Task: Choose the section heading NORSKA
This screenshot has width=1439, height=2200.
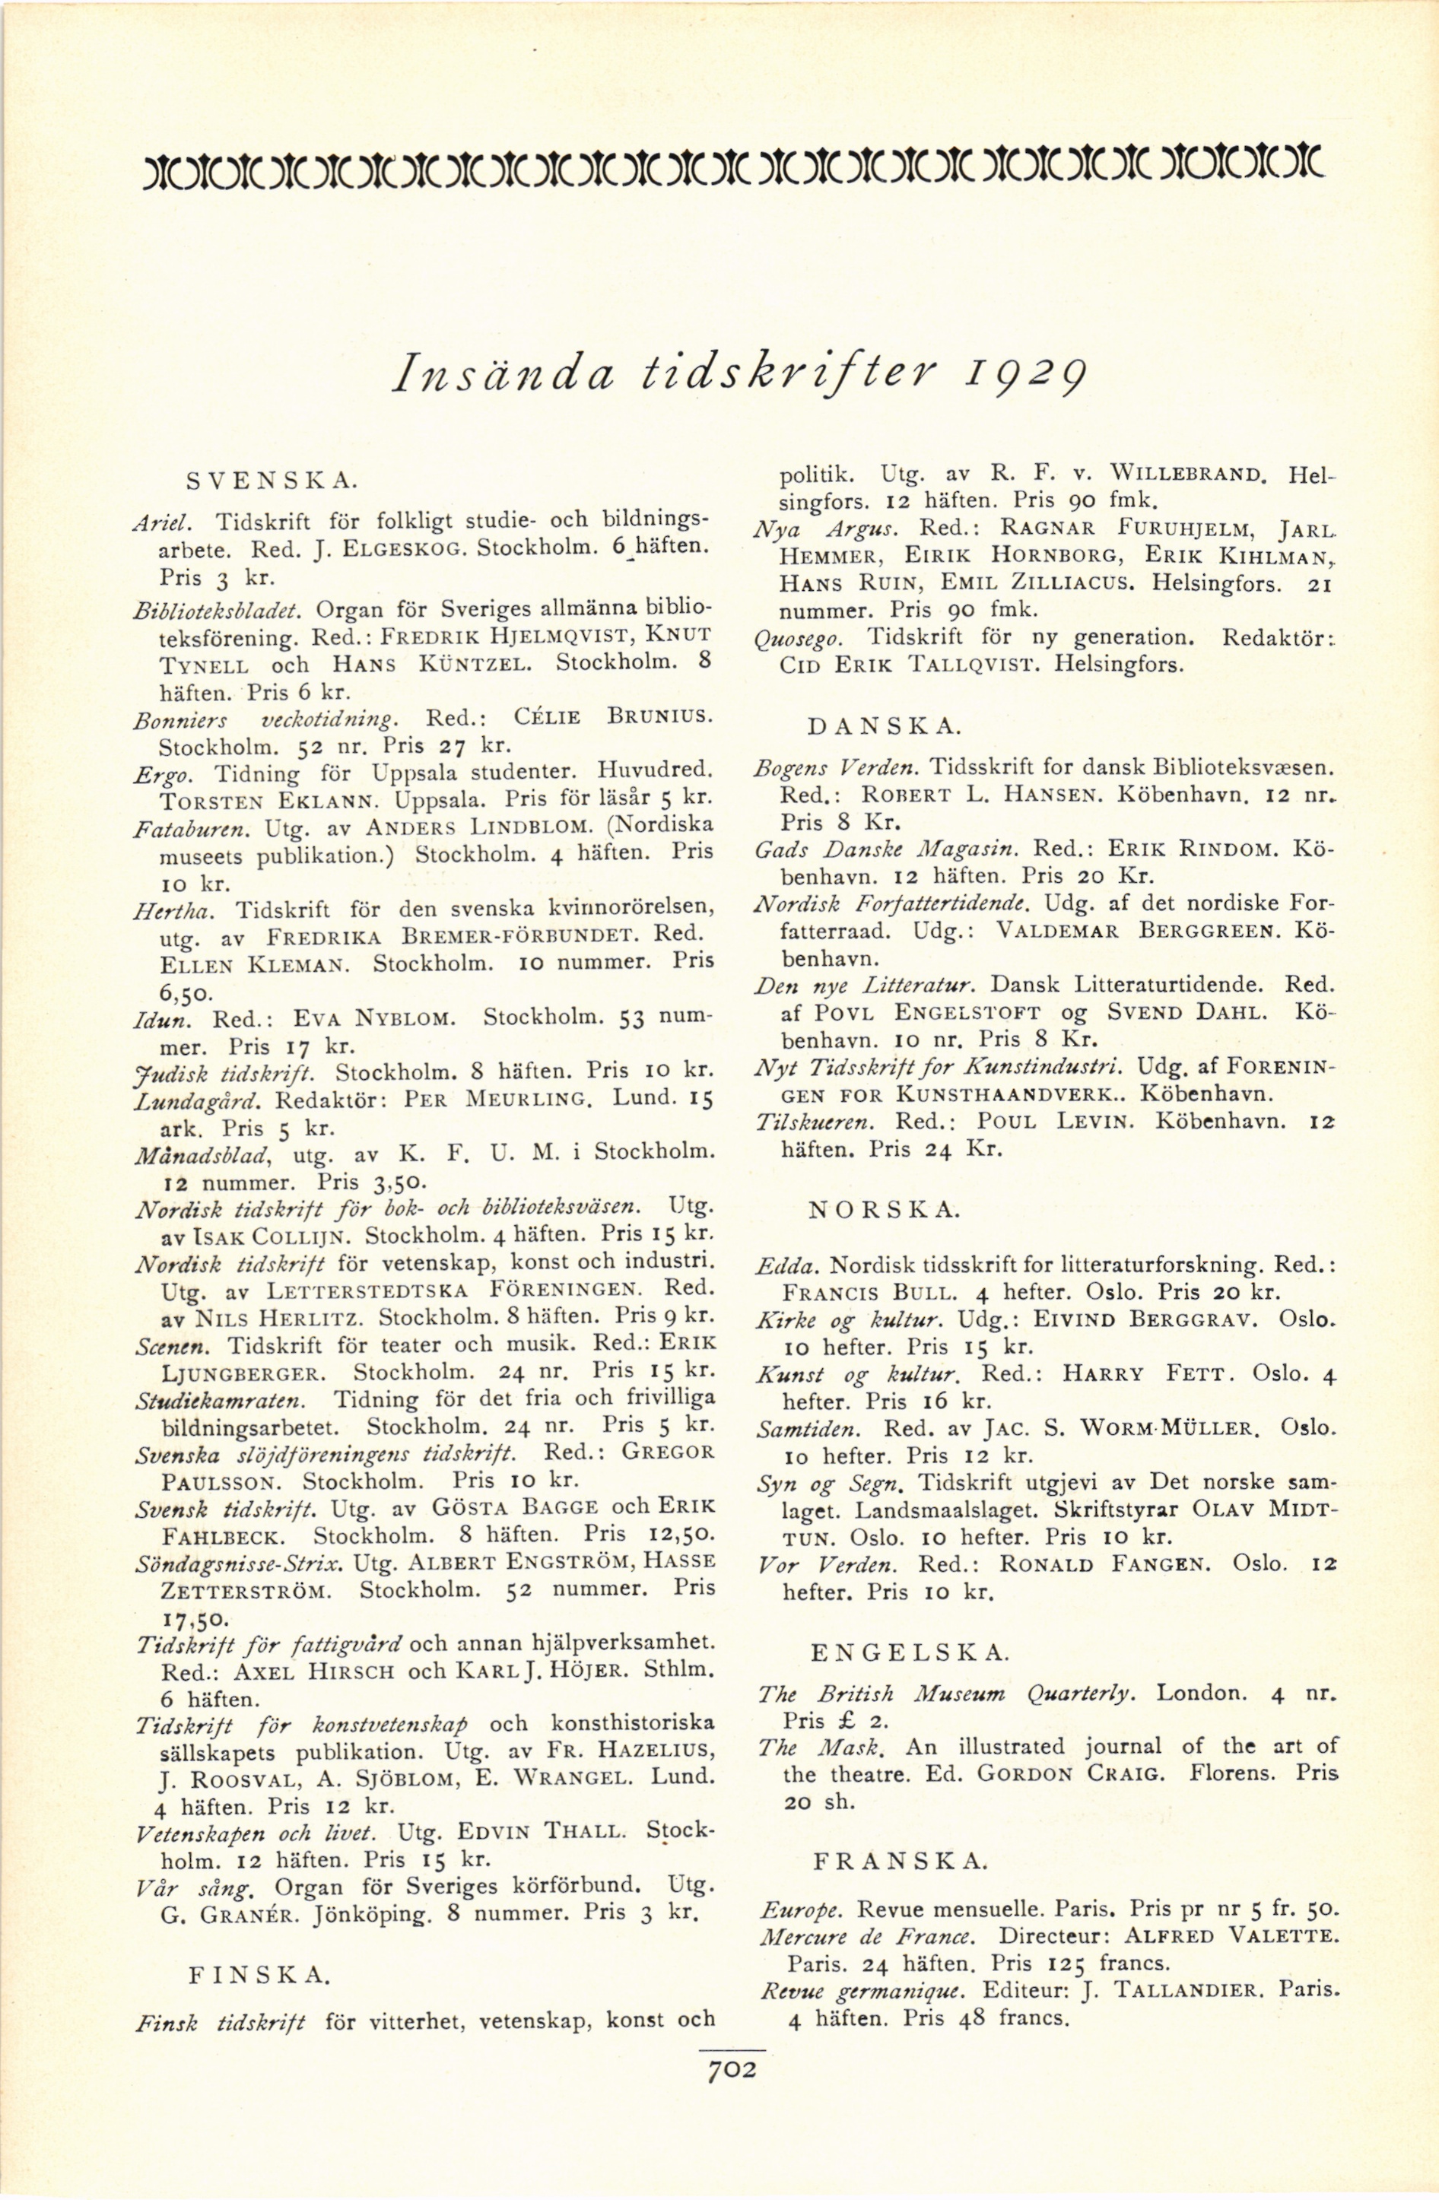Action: tap(885, 1209)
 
